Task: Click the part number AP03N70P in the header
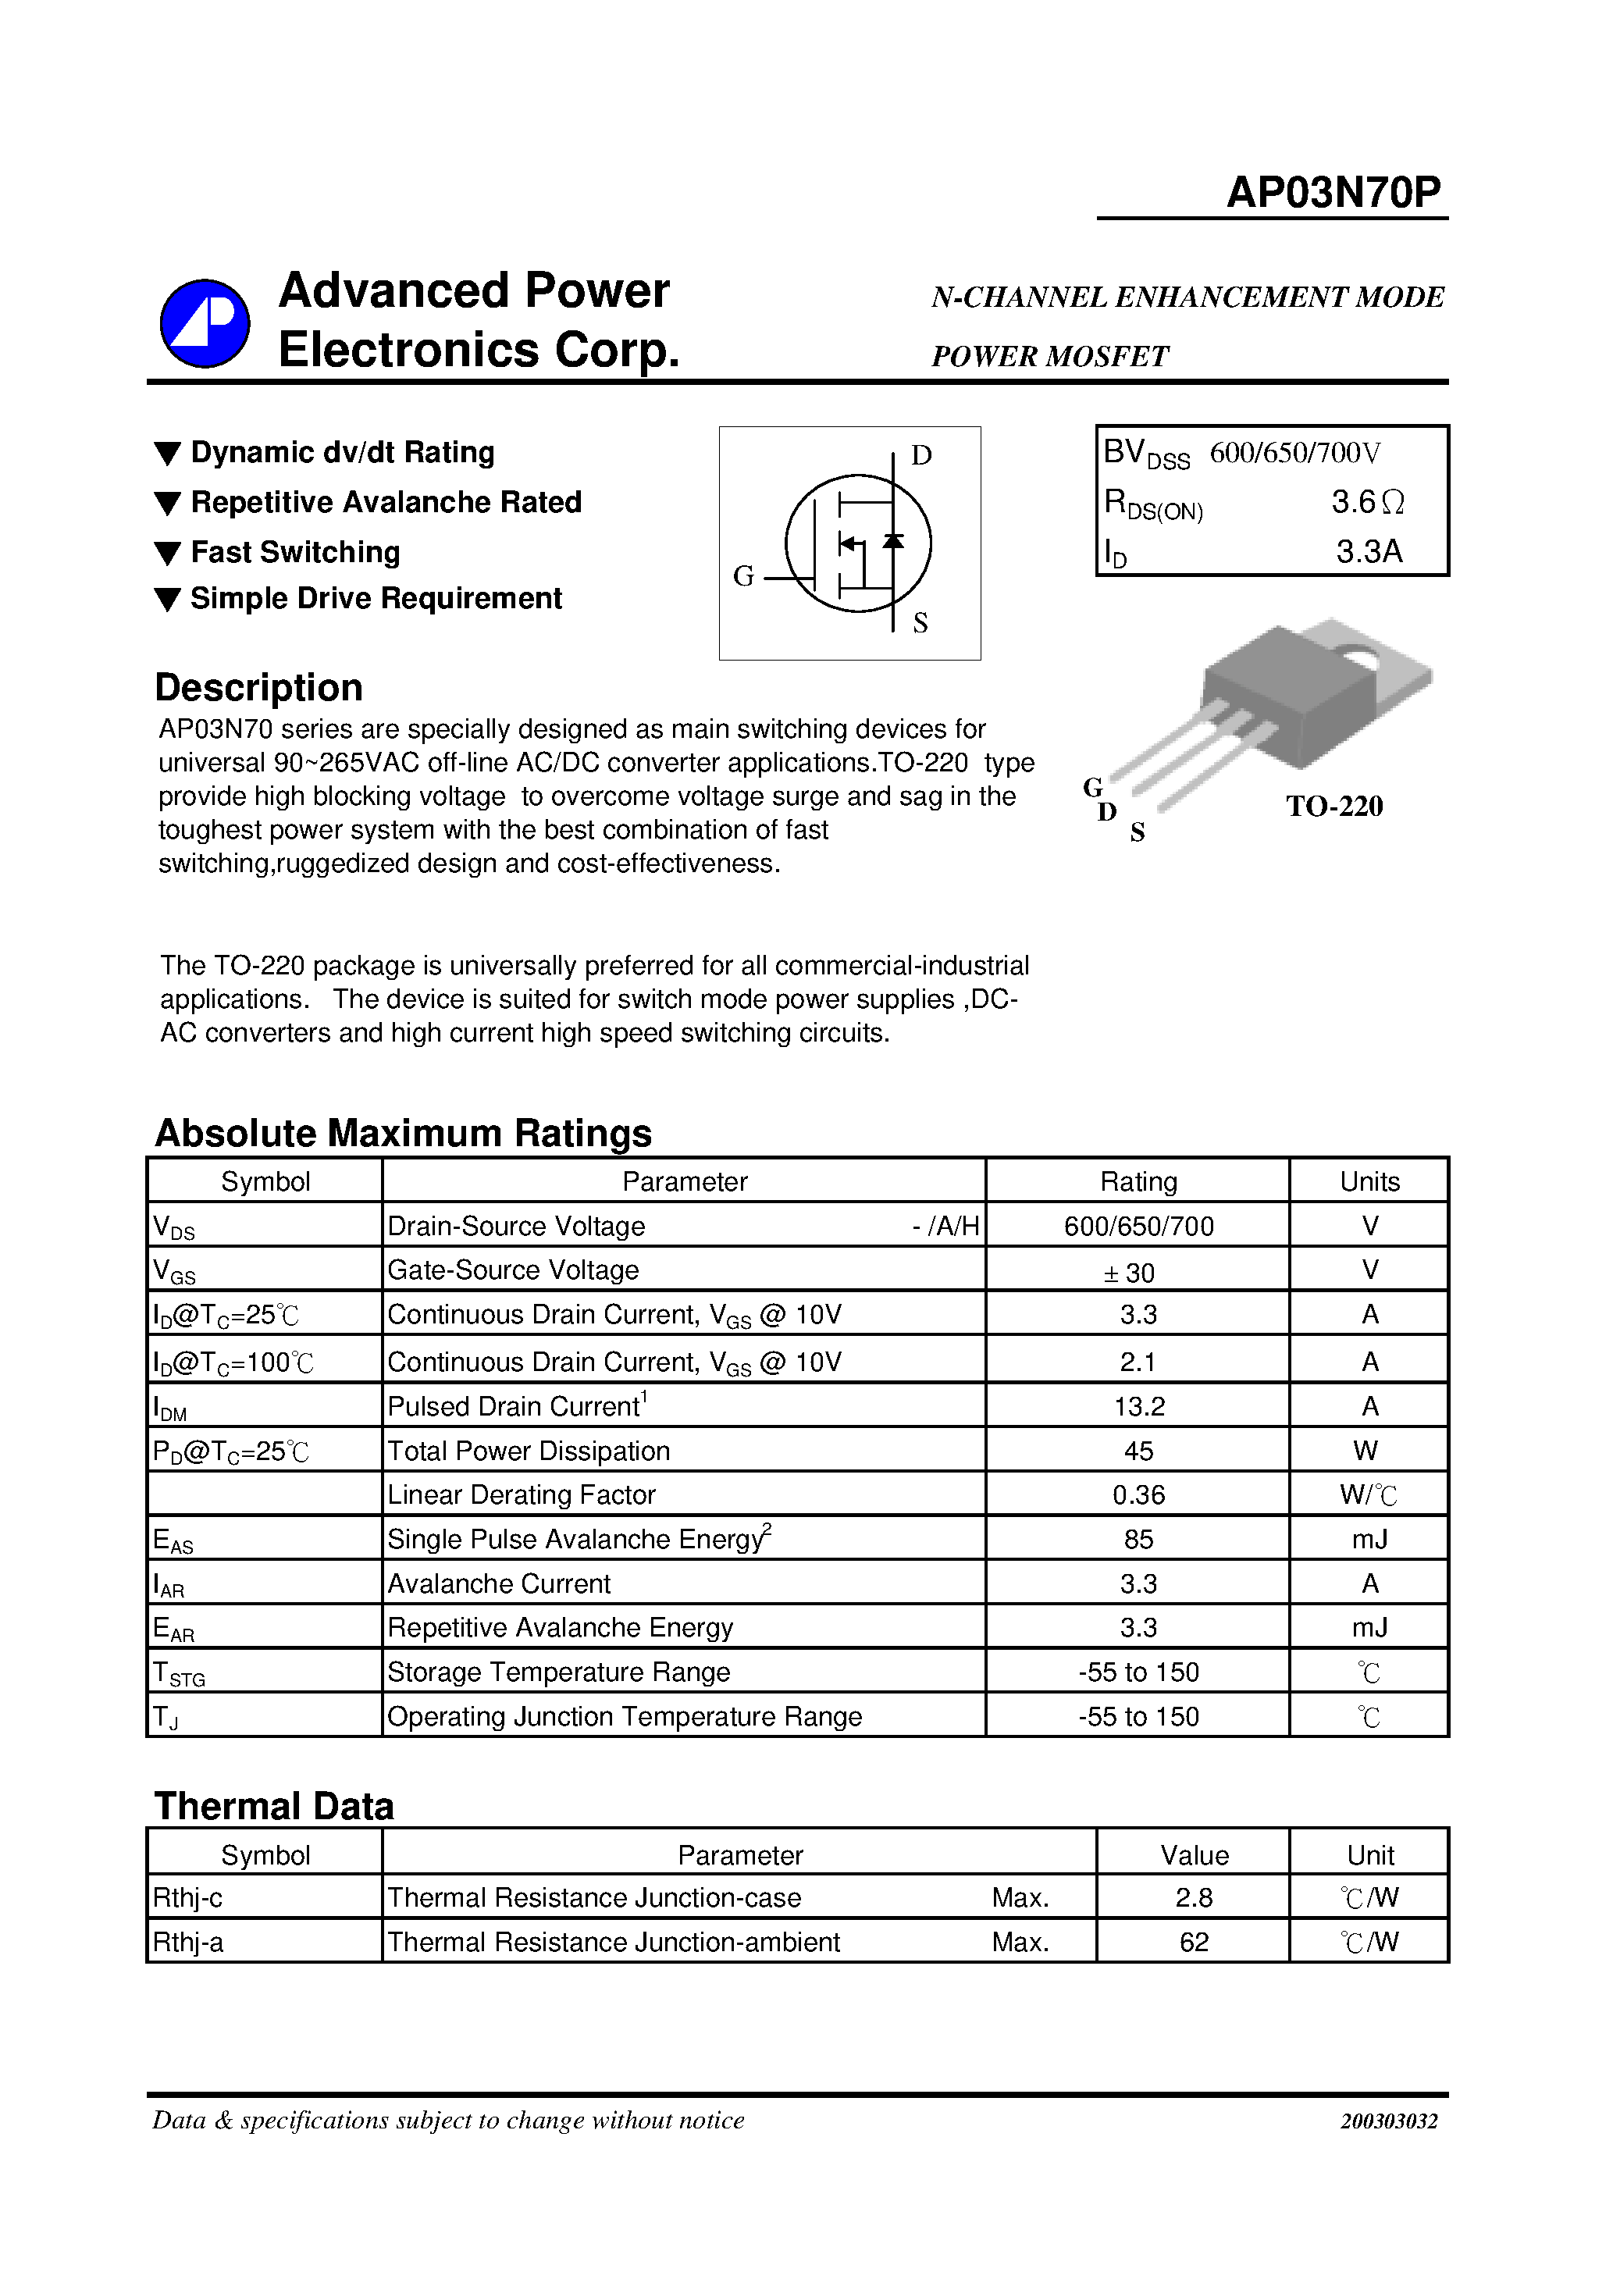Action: click(x=1333, y=192)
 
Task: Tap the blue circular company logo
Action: click(x=205, y=323)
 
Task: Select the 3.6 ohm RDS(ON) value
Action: click(x=1367, y=502)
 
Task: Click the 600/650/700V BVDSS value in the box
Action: click(x=1294, y=454)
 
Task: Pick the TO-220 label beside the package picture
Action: click(x=1333, y=807)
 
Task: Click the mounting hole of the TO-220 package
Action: click(x=1358, y=657)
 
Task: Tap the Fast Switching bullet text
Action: click(x=294, y=552)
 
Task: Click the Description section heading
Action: click(x=258, y=688)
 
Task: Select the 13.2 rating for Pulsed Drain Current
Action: click(x=1138, y=1406)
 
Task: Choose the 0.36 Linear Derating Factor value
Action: click(x=1138, y=1494)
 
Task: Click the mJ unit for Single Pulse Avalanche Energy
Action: click(x=1369, y=1539)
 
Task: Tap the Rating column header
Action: click(x=1138, y=1181)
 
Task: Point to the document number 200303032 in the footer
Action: click(x=1388, y=2121)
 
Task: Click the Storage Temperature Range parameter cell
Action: click(x=558, y=1672)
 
